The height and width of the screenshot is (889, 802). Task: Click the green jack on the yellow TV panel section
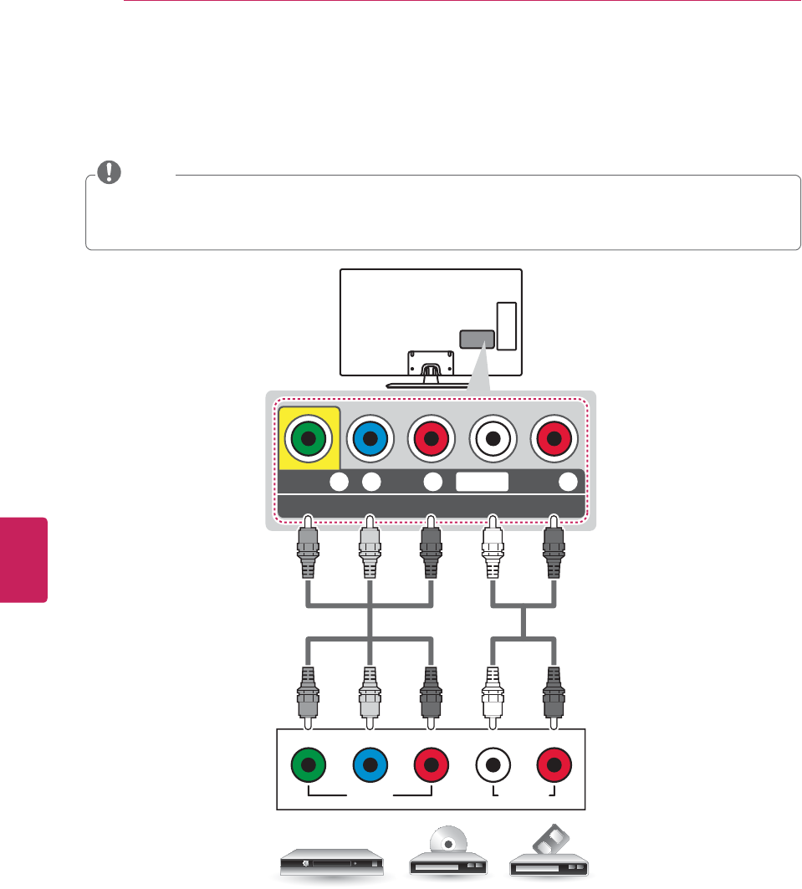coord(309,437)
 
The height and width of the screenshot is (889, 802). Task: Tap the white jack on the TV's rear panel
coord(493,437)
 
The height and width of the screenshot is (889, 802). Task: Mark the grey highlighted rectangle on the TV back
coord(477,340)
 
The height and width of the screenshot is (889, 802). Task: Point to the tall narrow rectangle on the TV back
coord(507,325)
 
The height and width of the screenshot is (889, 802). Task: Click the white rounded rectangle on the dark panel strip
coord(483,481)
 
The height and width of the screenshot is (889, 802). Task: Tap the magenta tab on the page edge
coord(23,559)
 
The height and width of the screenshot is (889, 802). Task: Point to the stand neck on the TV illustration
coord(431,368)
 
